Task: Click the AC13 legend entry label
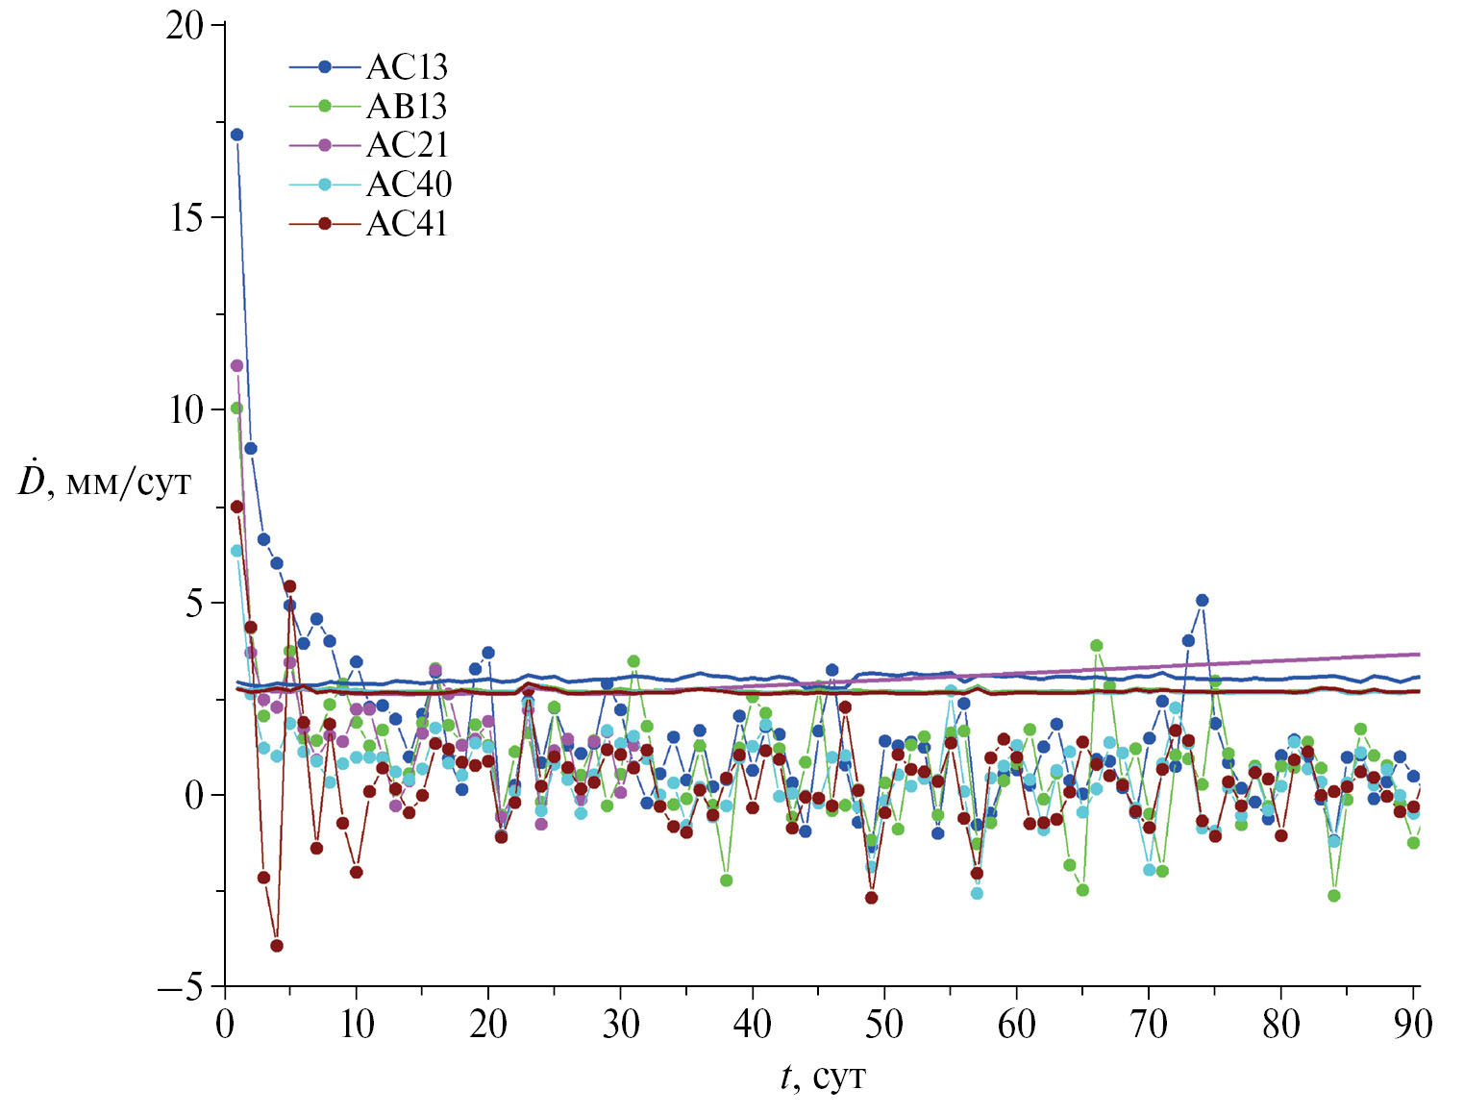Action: [x=407, y=66]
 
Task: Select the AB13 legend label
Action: [x=407, y=106]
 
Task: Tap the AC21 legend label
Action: [x=407, y=145]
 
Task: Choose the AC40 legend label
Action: [x=409, y=185]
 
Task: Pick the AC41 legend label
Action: [x=407, y=224]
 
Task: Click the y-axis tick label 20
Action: [x=185, y=26]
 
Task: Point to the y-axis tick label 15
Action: [x=185, y=218]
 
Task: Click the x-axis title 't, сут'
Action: [x=823, y=1078]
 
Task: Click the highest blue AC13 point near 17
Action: [x=236, y=135]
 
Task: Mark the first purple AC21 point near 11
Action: [x=236, y=365]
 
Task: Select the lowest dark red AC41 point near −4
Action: [x=277, y=946]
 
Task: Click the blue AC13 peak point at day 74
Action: [x=1202, y=601]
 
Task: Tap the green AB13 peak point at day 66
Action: [x=1096, y=646]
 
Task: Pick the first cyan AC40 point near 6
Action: [x=236, y=551]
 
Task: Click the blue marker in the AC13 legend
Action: [x=325, y=66]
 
